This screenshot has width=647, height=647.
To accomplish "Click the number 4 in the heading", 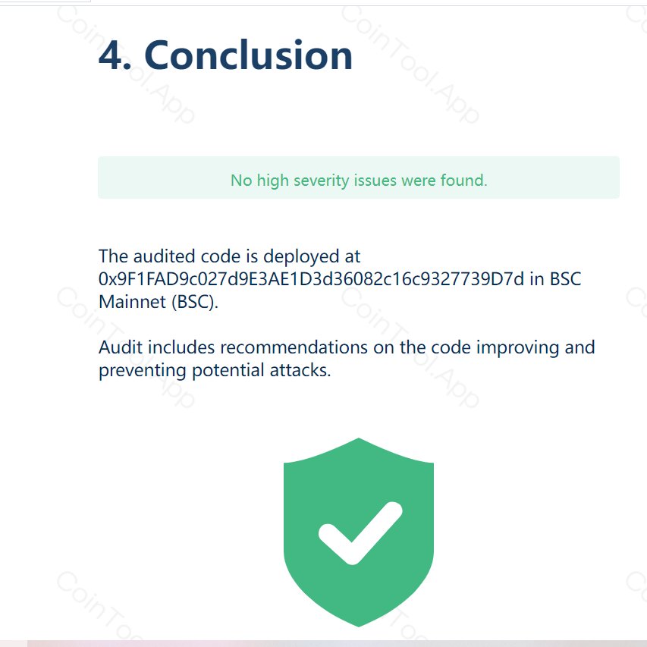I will tap(115, 56).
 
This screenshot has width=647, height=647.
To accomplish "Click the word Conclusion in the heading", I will tap(248, 56).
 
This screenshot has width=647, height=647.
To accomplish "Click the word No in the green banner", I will tap(240, 181).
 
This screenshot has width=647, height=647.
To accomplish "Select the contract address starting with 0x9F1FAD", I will tap(311, 278).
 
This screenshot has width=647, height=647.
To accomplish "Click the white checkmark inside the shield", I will tap(359, 531).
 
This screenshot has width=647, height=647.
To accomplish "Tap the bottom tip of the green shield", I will tap(359, 623).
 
